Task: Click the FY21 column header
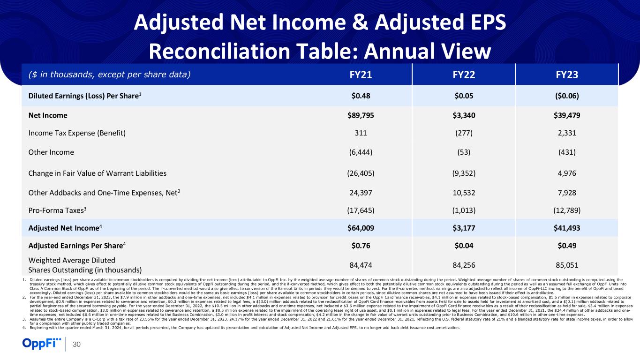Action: pyautogui.click(x=360, y=74)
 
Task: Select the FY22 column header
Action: pyautogui.click(x=463, y=74)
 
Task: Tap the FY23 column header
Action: pyautogui.click(x=566, y=74)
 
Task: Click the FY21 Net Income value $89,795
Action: pyautogui.click(x=360, y=115)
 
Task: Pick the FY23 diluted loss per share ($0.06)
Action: pyautogui.click(x=566, y=96)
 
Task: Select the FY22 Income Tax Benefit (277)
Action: pyautogui.click(x=463, y=133)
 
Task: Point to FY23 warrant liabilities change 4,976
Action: pyautogui.click(x=566, y=173)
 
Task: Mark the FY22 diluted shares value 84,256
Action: pyautogui.click(x=463, y=265)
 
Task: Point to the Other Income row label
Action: pyautogui.click(x=52, y=152)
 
